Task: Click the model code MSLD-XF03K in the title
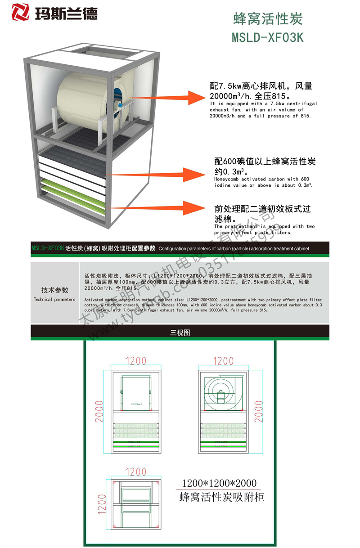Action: [x=268, y=38]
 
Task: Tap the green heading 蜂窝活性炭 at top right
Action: [x=268, y=19]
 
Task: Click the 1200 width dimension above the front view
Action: [x=136, y=361]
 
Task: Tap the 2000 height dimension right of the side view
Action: [x=259, y=411]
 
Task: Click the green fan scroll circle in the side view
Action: [x=220, y=391]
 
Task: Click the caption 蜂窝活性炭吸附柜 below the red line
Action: [x=222, y=497]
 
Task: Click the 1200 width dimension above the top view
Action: [x=136, y=472]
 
